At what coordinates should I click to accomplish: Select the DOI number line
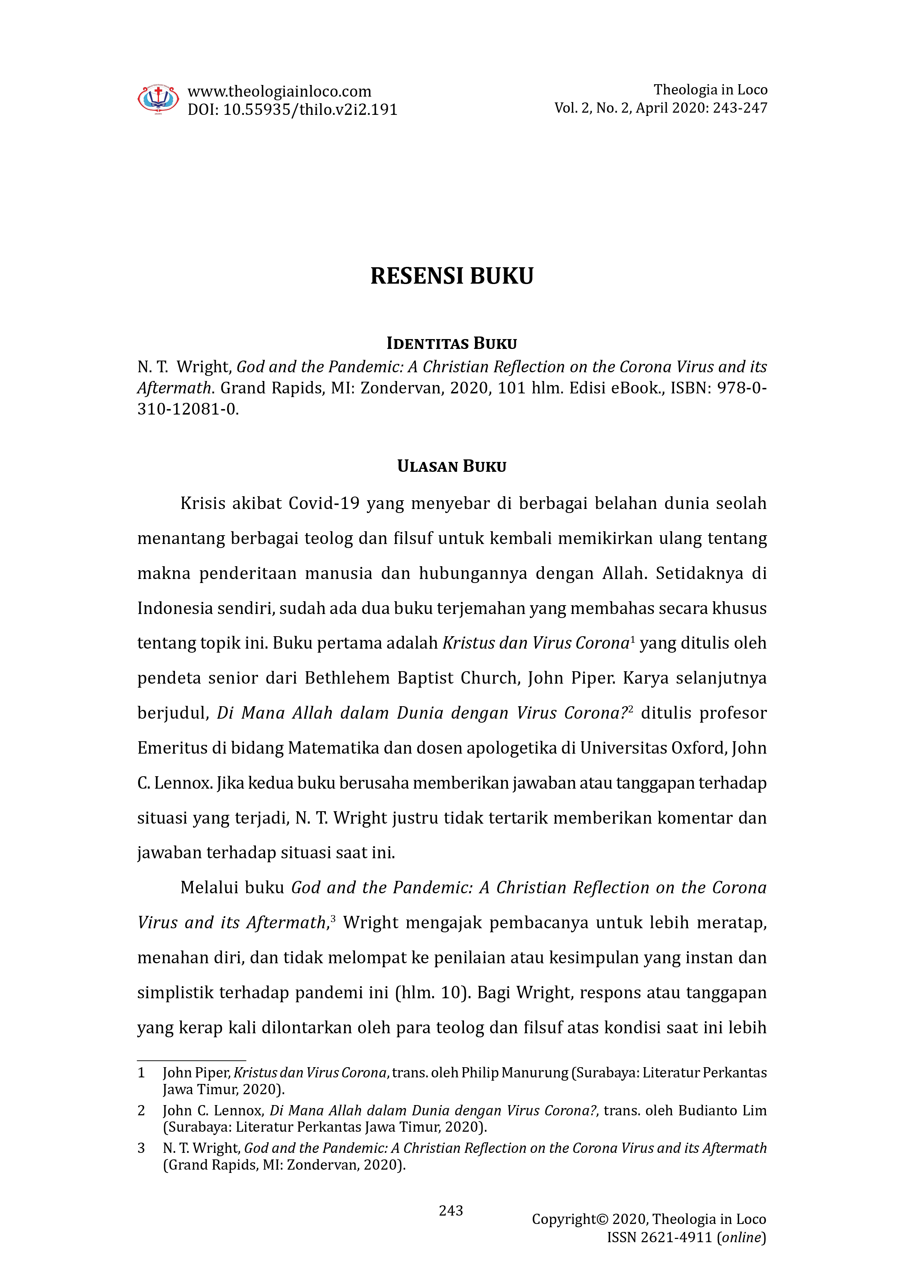292,110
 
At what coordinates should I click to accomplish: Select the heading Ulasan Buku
452,466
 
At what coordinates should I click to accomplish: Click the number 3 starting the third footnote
141,1148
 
